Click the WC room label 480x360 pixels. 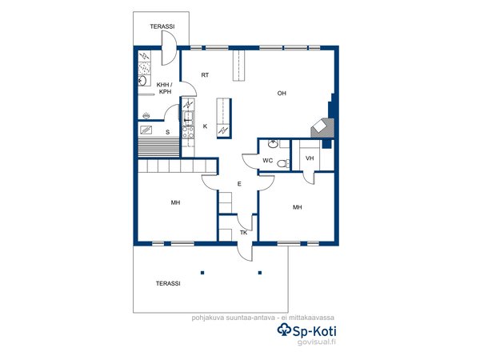click(267, 161)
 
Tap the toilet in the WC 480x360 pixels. click(283, 163)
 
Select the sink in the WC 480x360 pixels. click(273, 143)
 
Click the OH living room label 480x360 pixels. click(282, 93)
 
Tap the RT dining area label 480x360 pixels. click(205, 75)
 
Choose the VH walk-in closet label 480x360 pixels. click(310, 158)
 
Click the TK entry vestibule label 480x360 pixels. click(243, 233)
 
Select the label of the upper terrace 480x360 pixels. click(162, 26)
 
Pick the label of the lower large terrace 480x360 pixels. click(168, 283)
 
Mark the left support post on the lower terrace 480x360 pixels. click(202, 273)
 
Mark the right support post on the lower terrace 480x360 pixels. click(260, 273)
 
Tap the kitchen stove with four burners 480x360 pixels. click(188, 132)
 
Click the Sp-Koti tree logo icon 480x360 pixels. click(284, 330)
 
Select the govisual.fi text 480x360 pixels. click(317, 342)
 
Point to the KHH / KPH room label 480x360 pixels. click(165, 88)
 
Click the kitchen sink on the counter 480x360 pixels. click(188, 118)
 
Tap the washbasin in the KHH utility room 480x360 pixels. click(142, 81)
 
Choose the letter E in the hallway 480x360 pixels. click(239, 184)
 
